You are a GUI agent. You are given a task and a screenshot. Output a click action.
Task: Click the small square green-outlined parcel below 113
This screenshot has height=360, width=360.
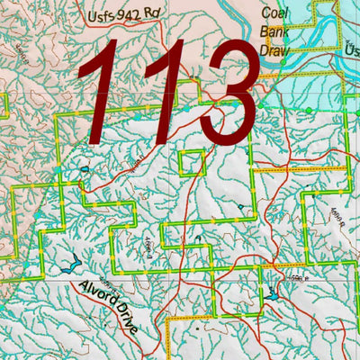coord(190,164)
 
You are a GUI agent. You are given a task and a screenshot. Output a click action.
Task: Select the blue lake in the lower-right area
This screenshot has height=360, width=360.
coord(272,294)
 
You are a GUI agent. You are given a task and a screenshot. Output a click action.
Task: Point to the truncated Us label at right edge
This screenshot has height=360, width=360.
coord(351,53)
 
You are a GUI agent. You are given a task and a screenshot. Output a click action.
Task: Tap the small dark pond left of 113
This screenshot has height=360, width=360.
coord(84,168)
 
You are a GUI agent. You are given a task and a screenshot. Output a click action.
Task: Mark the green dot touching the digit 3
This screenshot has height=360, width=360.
coord(262,105)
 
